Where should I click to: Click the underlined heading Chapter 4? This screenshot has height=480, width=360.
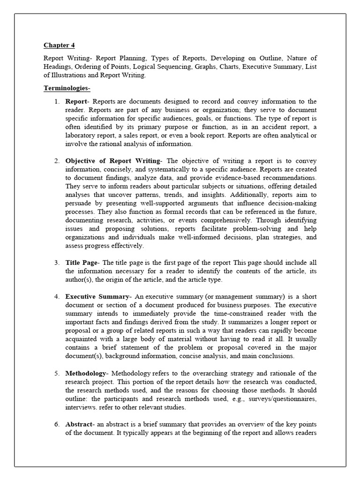[59, 45]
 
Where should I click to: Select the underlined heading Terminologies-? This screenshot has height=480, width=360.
[67, 88]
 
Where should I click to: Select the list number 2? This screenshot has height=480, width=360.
[56, 161]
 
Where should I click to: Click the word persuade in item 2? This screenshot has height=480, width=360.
[78, 203]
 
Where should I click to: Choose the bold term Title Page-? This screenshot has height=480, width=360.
[82, 262]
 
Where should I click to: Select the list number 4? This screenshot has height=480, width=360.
[56, 297]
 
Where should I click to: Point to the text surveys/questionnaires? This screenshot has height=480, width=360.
[278, 398]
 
